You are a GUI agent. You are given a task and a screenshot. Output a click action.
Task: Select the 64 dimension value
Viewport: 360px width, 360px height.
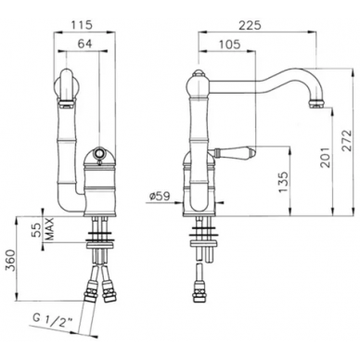click(84, 44)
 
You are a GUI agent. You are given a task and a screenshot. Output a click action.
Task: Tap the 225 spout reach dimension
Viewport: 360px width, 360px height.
click(251, 25)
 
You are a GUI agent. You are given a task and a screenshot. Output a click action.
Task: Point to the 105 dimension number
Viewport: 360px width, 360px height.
click(229, 45)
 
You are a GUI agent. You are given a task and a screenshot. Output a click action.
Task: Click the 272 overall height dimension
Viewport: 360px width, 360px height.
click(347, 141)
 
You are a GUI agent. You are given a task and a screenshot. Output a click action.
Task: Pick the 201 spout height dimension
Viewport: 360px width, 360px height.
click(325, 157)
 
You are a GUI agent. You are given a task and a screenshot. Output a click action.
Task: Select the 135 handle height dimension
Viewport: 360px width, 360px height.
click(283, 182)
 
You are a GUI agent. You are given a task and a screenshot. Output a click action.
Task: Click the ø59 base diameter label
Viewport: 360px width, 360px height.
click(160, 197)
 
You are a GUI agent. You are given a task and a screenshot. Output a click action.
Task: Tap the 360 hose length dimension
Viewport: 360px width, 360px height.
click(11, 261)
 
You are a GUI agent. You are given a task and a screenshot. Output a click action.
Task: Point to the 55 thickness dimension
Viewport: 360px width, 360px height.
click(37, 230)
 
